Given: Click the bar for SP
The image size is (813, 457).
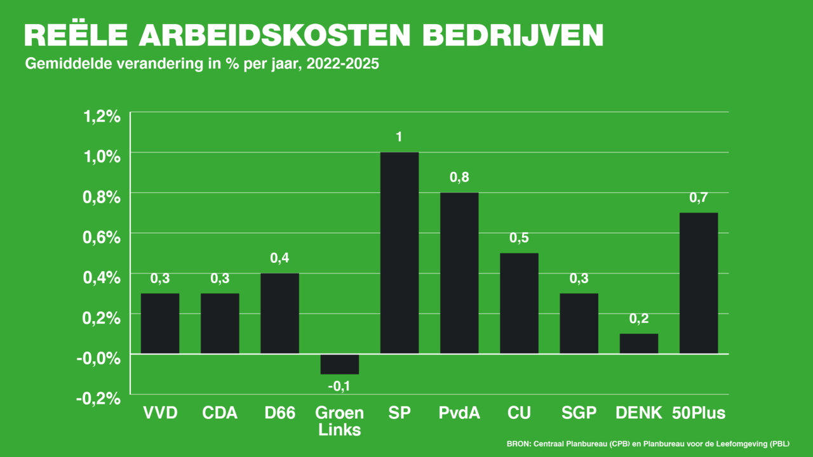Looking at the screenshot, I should pyautogui.click(x=400, y=253).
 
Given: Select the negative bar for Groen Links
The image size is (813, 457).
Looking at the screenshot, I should pyautogui.click(x=340, y=364).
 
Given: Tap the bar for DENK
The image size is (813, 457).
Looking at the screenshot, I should pyautogui.click(x=639, y=343).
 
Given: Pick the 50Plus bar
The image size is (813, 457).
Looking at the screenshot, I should pyautogui.click(x=699, y=283).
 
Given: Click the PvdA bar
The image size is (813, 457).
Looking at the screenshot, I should pyautogui.click(x=459, y=273).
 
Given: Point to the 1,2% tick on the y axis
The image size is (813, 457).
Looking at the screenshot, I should pyautogui.click(x=102, y=116).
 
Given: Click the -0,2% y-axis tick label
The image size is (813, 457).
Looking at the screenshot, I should pyautogui.click(x=99, y=398).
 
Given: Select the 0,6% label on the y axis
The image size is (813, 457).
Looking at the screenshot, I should pyautogui.click(x=102, y=237).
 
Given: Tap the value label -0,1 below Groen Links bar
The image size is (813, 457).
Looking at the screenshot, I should pyautogui.click(x=339, y=385).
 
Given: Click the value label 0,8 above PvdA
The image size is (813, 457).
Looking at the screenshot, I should pyautogui.click(x=459, y=178).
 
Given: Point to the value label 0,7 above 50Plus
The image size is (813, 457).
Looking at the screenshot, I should pyautogui.click(x=699, y=198).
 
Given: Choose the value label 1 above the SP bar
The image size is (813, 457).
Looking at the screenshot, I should pyautogui.click(x=400, y=137).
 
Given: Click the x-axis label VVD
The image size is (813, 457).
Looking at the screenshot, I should pyautogui.click(x=159, y=413).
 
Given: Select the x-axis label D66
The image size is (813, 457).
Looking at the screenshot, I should pyautogui.click(x=279, y=413).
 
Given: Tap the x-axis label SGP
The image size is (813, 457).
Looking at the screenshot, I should pyautogui.click(x=579, y=413).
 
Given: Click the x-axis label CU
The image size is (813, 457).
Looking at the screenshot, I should pyautogui.click(x=519, y=413).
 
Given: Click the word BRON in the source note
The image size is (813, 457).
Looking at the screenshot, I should pyautogui.click(x=518, y=444).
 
